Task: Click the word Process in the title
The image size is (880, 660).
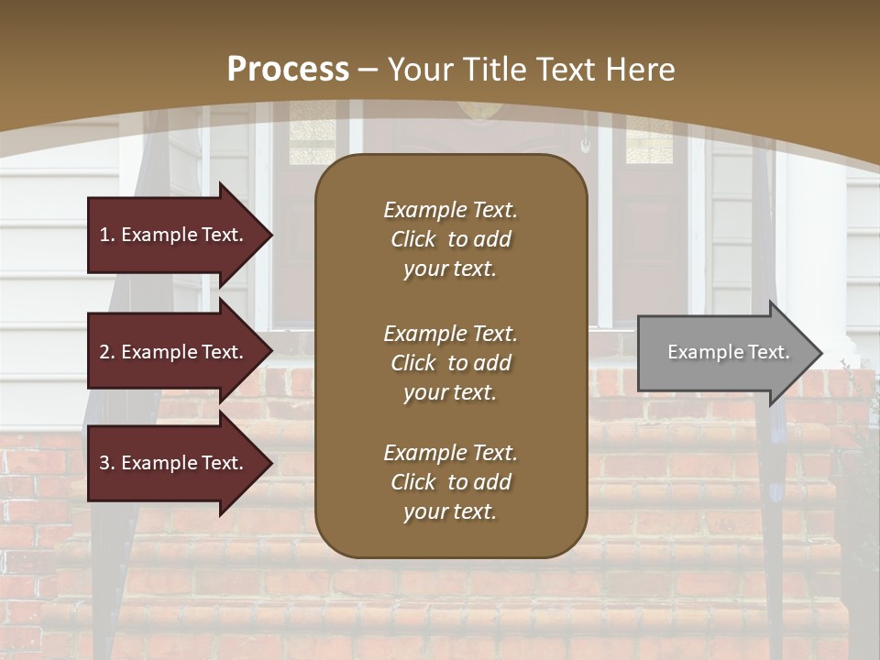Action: click(288, 70)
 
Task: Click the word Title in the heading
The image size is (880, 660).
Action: click(493, 70)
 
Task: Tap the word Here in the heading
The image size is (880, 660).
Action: click(639, 70)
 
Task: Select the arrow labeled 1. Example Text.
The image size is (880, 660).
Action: click(174, 235)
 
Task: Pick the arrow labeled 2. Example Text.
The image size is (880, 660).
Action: click(174, 352)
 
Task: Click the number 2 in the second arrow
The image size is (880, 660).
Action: click(104, 352)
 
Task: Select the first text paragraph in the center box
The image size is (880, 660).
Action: click(450, 239)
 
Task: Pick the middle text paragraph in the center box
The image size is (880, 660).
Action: click(450, 363)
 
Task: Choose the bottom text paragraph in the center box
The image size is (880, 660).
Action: click(450, 482)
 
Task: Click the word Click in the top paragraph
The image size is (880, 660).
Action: click(413, 239)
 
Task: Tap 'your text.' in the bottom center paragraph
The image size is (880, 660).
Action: click(450, 511)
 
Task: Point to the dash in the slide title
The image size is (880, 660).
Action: click(368, 70)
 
